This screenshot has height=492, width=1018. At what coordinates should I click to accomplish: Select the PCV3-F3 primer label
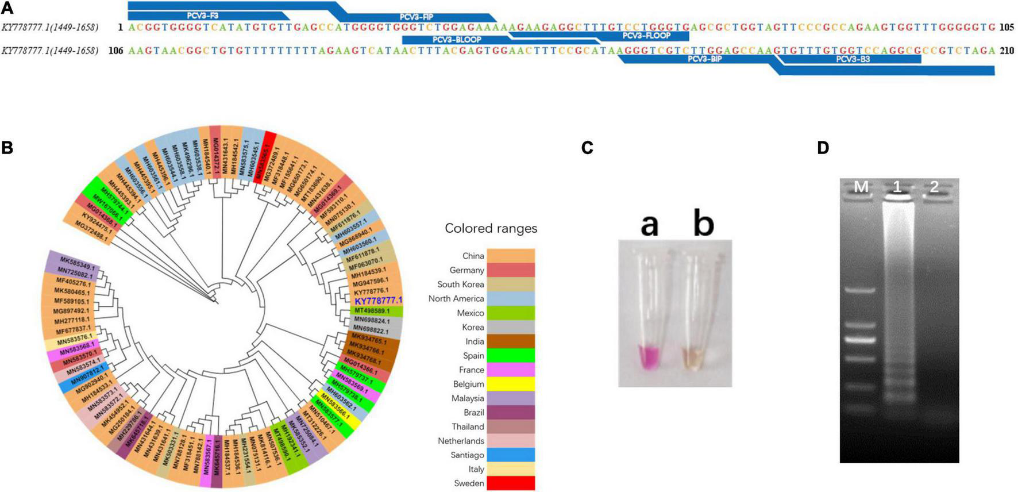tap(203, 16)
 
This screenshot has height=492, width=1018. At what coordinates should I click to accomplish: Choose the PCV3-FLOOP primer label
tap(646, 36)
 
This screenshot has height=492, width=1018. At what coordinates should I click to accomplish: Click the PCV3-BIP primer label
tap(704, 59)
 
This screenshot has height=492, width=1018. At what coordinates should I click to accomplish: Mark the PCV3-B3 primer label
tap(853, 59)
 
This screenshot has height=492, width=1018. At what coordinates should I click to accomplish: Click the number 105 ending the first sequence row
tap(1007, 27)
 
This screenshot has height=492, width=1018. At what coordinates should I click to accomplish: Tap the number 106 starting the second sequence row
tap(116, 51)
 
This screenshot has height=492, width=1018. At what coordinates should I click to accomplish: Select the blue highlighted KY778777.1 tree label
tap(378, 301)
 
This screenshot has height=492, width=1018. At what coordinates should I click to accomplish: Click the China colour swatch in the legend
tap(510, 256)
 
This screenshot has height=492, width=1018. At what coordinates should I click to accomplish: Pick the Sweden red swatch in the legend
tap(510, 483)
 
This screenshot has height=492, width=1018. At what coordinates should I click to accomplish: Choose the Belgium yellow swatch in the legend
tap(510, 384)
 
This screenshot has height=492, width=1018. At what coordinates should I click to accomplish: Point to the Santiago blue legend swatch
tap(510, 455)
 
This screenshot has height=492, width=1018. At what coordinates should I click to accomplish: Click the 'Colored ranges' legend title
tap(491, 228)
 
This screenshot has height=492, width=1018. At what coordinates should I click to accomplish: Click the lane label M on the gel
tap(862, 187)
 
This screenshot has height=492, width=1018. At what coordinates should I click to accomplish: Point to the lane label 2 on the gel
tap(934, 187)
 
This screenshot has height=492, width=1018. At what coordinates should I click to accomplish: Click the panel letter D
tap(823, 148)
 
